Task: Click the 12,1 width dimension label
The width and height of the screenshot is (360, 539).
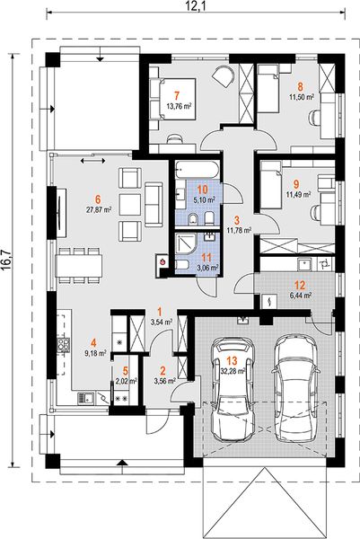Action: point(196,5)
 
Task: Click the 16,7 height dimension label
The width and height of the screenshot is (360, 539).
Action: point(7,260)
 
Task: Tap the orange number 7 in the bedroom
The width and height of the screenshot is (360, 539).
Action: point(177,95)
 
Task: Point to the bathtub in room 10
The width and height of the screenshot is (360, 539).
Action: point(196,170)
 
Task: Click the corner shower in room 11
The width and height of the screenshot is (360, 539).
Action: point(186,244)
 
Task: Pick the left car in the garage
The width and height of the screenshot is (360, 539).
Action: point(233,388)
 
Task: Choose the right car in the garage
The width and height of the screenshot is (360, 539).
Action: point(296,387)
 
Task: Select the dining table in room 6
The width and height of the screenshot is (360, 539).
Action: point(79,266)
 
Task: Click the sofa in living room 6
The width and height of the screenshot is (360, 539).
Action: point(154,204)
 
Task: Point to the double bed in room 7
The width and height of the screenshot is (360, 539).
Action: point(172,99)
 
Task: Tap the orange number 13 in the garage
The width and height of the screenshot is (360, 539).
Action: point(232,361)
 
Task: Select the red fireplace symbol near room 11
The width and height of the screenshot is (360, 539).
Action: point(162,261)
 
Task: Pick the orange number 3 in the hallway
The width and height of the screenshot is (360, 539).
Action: point(236,219)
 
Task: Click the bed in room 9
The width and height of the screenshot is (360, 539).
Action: point(269,186)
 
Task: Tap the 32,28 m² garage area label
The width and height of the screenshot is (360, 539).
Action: point(233,371)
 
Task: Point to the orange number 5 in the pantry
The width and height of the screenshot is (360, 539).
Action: point(126,370)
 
